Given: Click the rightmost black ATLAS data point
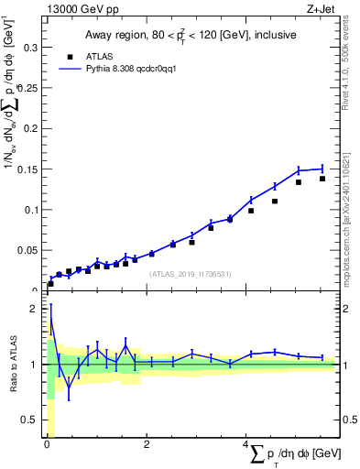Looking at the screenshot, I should click(x=322, y=179).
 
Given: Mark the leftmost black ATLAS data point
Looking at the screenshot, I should click(x=50, y=284).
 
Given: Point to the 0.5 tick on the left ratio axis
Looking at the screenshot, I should click(x=30, y=420).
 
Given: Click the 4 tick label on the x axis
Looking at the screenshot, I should click(x=245, y=444).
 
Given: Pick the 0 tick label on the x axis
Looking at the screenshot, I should click(x=47, y=444).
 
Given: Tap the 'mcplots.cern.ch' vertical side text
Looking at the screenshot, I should click(x=351, y=229).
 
